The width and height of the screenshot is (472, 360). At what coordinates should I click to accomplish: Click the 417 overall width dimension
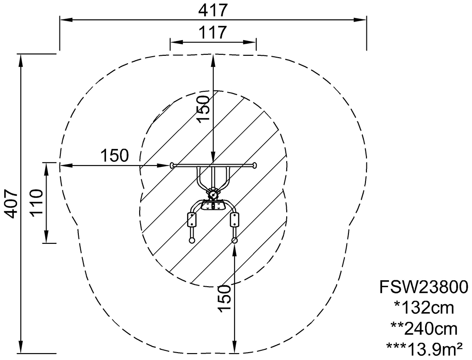pyautogui.click(x=212, y=11)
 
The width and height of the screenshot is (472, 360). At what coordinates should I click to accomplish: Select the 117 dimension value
pyautogui.click(x=212, y=32)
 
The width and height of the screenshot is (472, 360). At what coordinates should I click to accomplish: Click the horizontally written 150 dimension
pyautogui.click(x=114, y=156)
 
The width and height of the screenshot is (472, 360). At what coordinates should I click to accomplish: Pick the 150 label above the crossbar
pyautogui.click(x=203, y=109)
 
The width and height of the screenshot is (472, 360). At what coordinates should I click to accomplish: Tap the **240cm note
pyautogui.click(x=424, y=329)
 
